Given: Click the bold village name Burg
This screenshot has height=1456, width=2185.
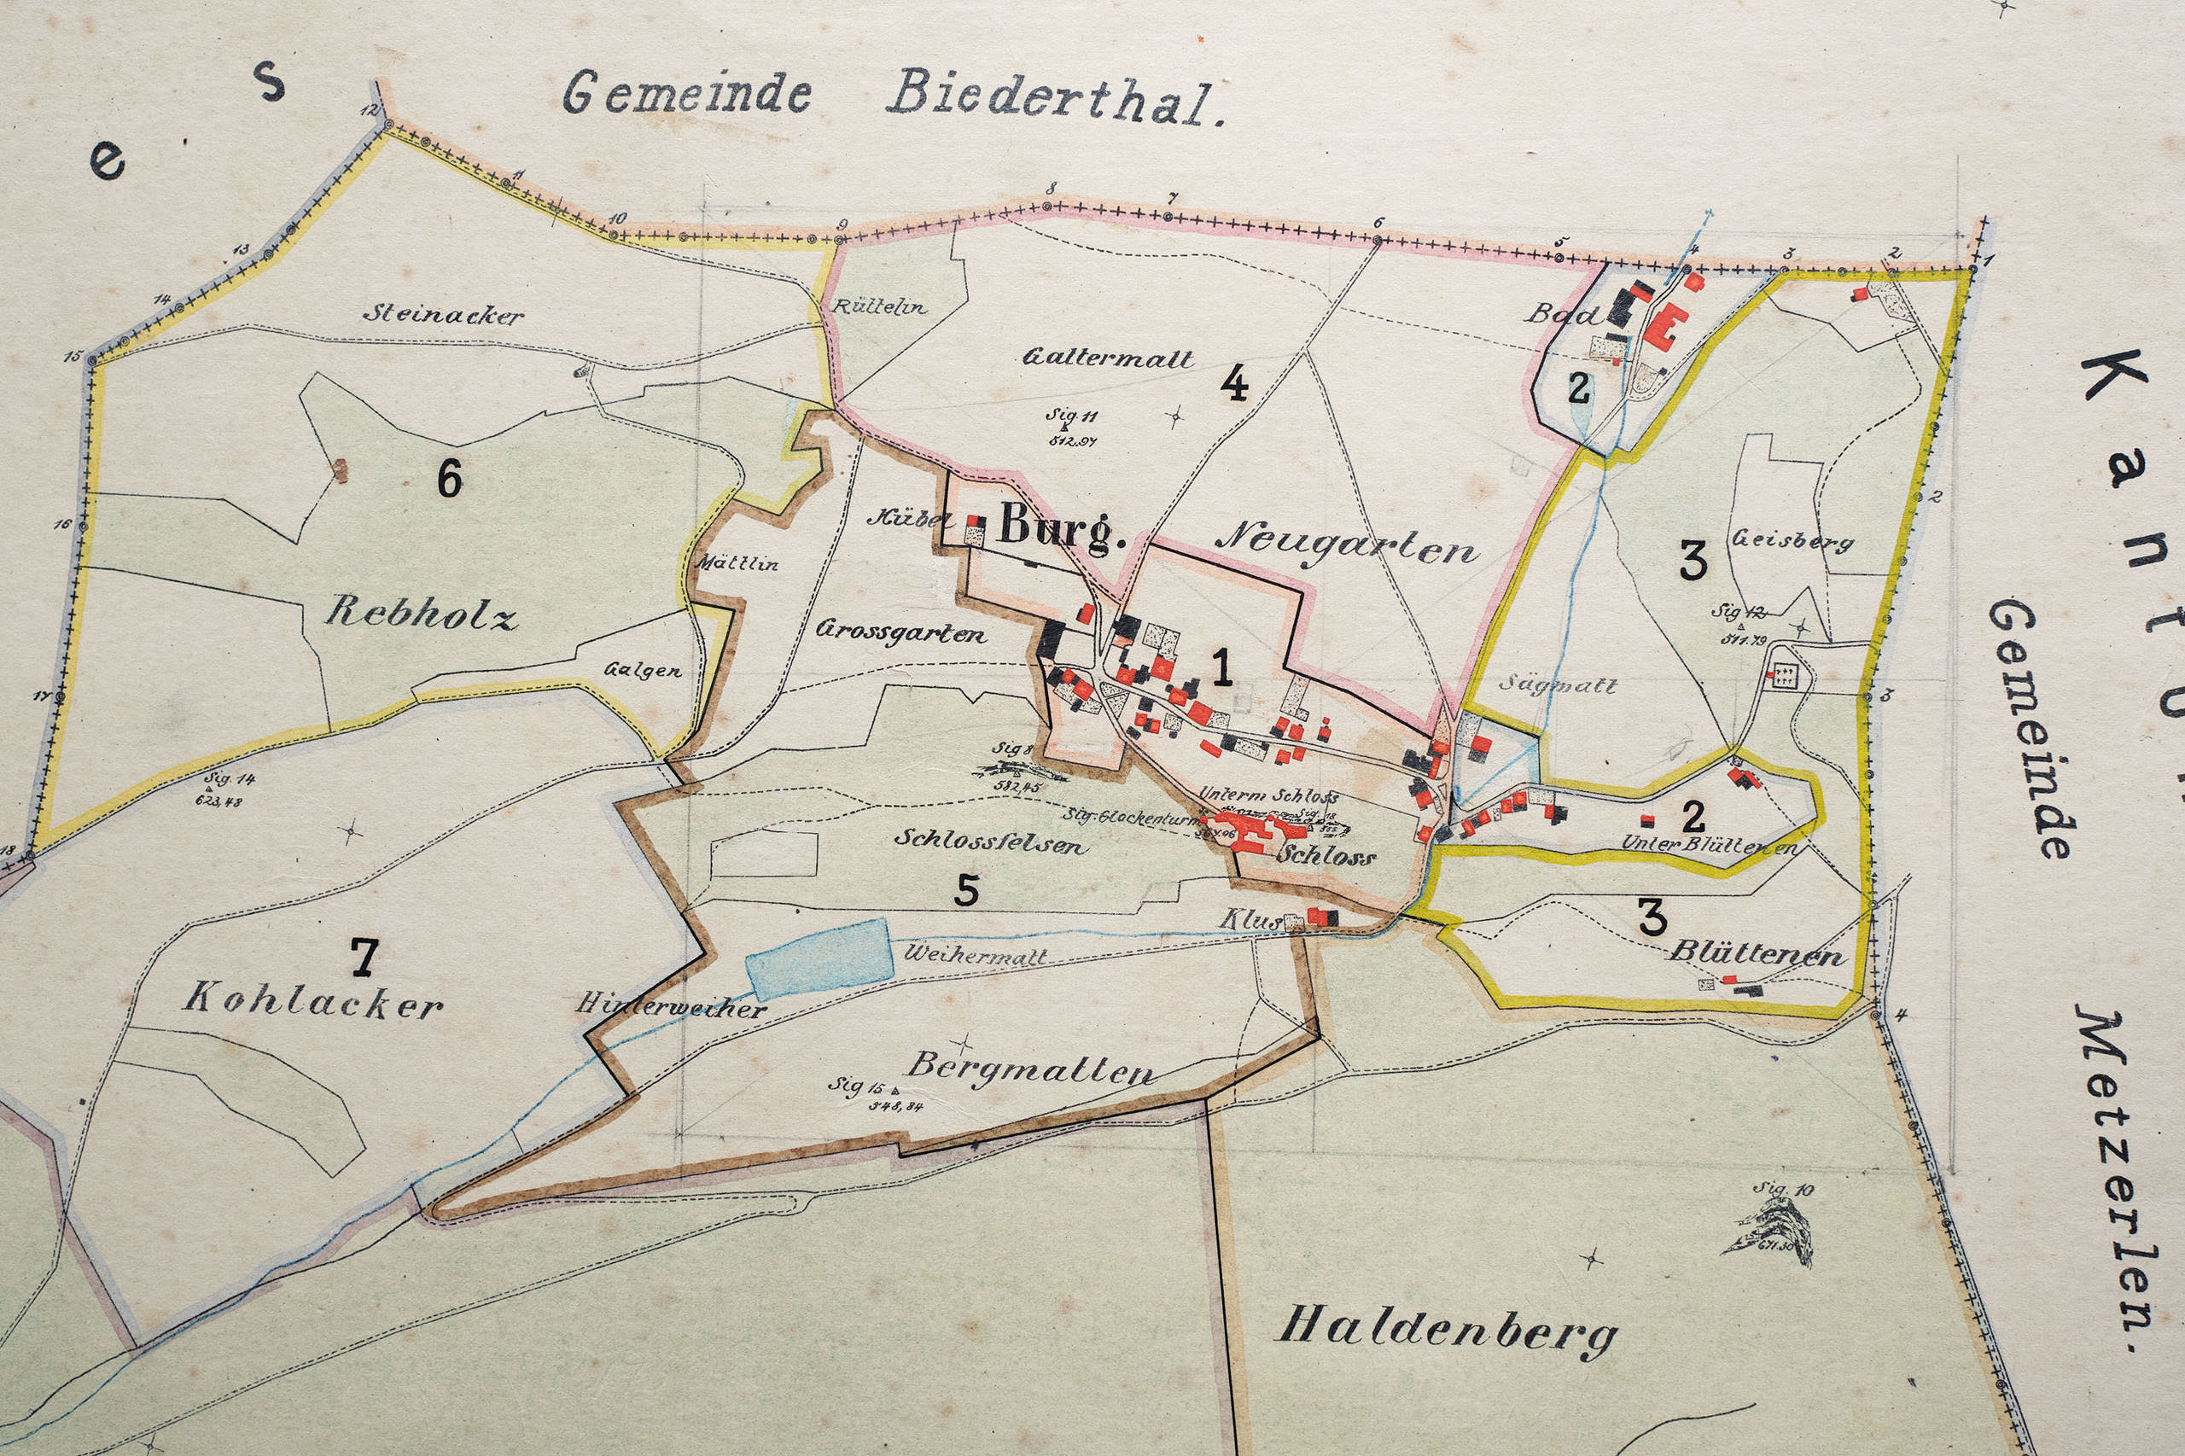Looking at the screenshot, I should coord(1062,528).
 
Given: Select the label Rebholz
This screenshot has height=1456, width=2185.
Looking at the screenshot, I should coord(421,613).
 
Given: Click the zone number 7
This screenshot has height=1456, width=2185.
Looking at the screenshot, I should coord(363,957).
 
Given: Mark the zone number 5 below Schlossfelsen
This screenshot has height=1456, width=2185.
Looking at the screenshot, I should coord(965,890).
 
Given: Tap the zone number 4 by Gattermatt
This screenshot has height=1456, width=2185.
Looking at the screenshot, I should coord(1233,382).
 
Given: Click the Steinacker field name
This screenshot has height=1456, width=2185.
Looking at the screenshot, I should coord(443,315).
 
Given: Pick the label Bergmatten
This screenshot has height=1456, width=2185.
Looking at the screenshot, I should coord(1031,1069).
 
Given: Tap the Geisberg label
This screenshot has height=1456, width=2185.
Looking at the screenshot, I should coord(1792,540).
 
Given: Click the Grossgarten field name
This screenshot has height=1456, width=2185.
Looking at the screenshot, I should coord(900,633).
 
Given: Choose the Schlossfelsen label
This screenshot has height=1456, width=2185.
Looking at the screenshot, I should coord(988,842).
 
